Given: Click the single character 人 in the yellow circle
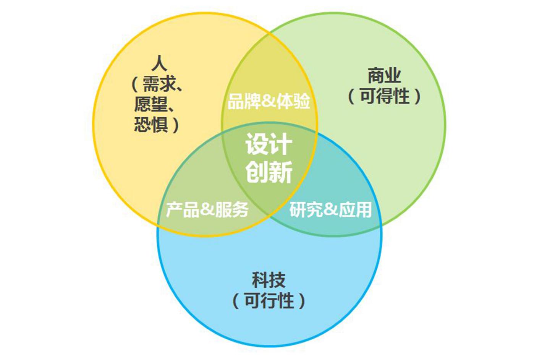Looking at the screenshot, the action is coord(159,63).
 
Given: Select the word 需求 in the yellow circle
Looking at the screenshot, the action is coord(159,84).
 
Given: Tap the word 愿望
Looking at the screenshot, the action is coord(151,104).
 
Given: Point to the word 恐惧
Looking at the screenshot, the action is coord(151,124).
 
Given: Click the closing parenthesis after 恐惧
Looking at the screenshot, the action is coord(176,125).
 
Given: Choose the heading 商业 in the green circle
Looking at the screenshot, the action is coord(385,76).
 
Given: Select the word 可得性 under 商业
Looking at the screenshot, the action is coord(385,96).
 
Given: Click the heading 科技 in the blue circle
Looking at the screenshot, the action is coord(269,280).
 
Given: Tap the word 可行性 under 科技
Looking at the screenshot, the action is coord(269,300).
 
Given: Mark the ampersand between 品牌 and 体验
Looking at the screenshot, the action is coord(269,101).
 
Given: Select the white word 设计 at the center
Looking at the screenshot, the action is coord(269,144).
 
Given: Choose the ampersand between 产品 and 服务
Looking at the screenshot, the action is coord(207,209).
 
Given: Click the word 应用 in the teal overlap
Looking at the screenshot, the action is coord(355,209).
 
